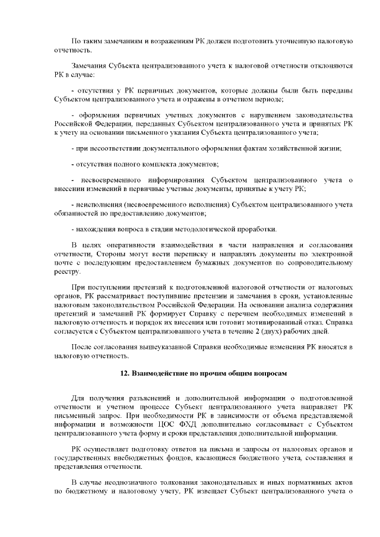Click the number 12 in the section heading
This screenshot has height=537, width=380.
pos(124,374)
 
